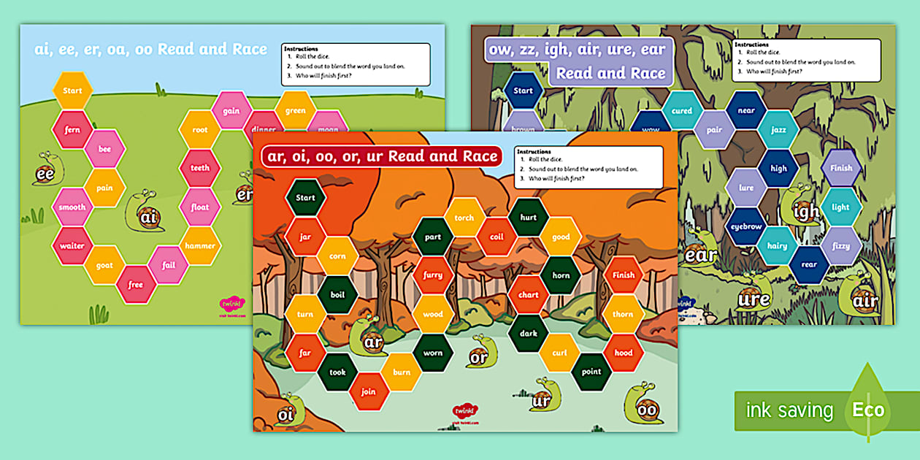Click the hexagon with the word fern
coord(72,129)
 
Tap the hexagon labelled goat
coord(104,265)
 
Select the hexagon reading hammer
coord(200,246)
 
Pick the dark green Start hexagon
coord(305,197)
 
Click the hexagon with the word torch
coord(464,218)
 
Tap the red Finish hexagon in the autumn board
coord(624,275)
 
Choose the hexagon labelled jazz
coord(778,129)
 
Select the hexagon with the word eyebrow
coord(746,226)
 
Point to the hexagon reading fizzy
coord(841,246)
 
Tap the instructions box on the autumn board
coord(589,167)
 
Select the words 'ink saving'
coord(789,410)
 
